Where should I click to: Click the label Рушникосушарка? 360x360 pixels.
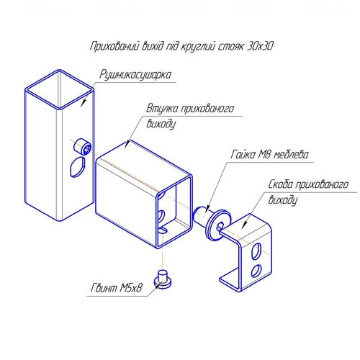[135, 75]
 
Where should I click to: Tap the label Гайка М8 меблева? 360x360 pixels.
[270, 154]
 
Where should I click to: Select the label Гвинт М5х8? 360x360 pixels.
[117, 288]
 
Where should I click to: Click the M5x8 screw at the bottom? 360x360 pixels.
[163, 279]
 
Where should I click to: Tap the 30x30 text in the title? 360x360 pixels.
[260, 46]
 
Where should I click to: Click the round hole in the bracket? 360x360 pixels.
[256, 271]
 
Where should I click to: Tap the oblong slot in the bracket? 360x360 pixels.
[256, 251]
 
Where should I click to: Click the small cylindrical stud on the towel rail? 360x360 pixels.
[82, 146]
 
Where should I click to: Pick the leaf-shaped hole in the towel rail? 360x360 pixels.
[77, 167]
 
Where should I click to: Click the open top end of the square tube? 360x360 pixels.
[59, 89]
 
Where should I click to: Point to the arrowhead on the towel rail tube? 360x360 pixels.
[84, 102]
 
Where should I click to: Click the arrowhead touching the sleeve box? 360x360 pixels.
[127, 144]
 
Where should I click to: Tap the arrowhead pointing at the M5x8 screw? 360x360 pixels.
[158, 284]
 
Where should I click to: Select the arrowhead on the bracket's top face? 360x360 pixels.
[245, 225]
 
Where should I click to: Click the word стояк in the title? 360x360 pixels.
[230, 47]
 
